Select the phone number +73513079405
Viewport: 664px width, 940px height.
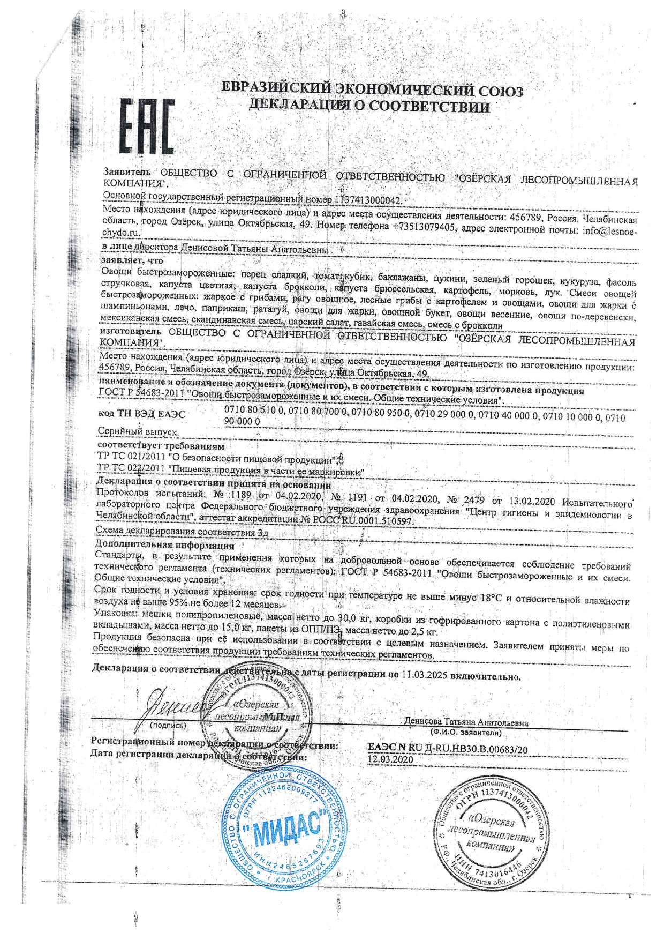coord(424,226)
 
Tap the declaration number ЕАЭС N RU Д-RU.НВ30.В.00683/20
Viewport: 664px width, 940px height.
coord(448,749)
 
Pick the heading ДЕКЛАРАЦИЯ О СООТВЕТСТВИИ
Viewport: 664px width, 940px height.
coord(369,106)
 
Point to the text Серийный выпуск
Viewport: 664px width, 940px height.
coord(138,431)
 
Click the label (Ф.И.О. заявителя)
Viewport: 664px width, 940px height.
coord(466,732)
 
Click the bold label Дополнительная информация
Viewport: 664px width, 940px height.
coord(164,546)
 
